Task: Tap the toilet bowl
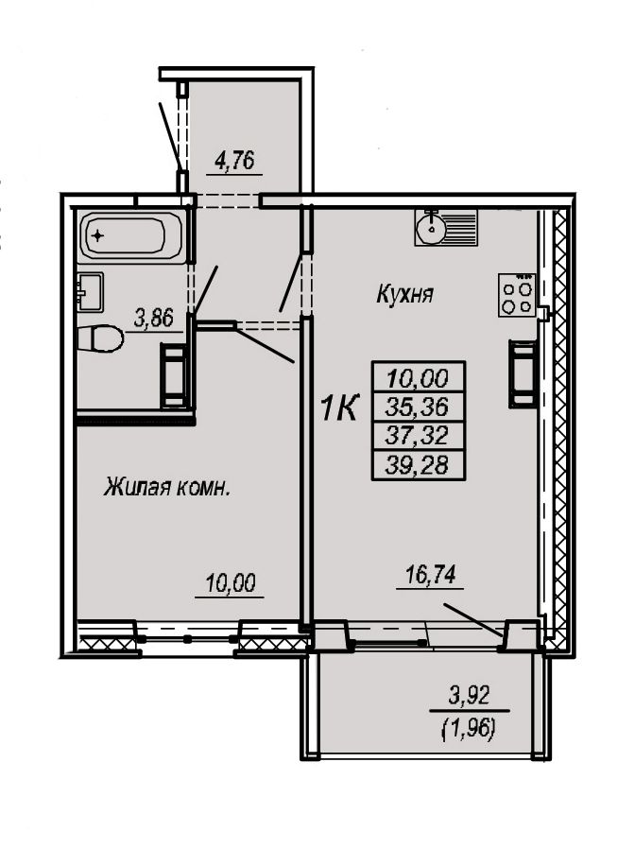[100, 339]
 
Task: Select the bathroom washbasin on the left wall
[90, 292]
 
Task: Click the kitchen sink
[446, 228]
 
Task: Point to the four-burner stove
[517, 296]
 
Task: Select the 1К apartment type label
[339, 408]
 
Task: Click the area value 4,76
[235, 161]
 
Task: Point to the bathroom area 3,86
[153, 319]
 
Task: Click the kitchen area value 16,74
[430, 575]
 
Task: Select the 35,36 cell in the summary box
[418, 407]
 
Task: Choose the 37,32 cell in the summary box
[418, 435]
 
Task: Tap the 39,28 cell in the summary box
[418, 464]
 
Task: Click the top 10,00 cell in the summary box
[418, 377]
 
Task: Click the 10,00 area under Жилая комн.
[230, 583]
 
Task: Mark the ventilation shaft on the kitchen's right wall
[523, 373]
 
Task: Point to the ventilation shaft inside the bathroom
[174, 375]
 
